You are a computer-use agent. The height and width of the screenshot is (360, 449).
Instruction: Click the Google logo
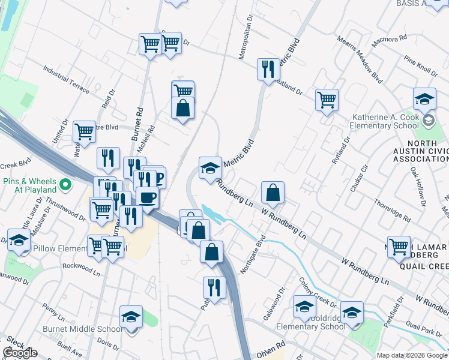pyautogui.click(x=20, y=353)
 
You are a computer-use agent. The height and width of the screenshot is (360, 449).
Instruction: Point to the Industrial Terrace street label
pyautogui.click(x=66, y=82)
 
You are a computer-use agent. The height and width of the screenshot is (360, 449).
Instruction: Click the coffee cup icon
pyautogui.click(x=147, y=196)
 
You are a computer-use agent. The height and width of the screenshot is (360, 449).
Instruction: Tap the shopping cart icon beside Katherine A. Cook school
pyautogui.click(x=327, y=100)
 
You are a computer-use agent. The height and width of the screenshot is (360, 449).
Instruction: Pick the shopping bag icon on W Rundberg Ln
pyautogui.click(x=273, y=193)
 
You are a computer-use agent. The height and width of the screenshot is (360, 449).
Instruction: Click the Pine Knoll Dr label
pyautogui.click(x=420, y=67)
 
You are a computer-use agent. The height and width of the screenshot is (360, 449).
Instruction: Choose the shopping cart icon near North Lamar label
pyautogui.click(x=399, y=246)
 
